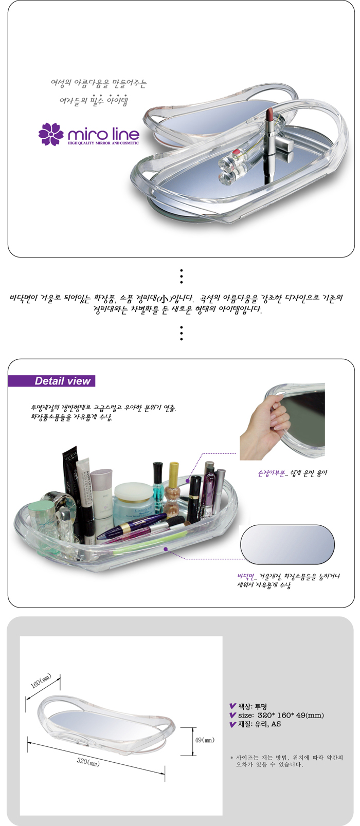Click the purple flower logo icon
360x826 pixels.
(x=51, y=134)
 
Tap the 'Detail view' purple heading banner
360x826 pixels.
(x=51, y=381)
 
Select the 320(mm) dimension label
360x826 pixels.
(x=88, y=762)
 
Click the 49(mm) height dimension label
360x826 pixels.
(x=204, y=740)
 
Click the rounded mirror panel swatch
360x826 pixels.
(x=287, y=544)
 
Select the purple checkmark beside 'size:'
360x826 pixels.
(x=232, y=715)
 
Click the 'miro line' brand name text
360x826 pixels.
(x=104, y=134)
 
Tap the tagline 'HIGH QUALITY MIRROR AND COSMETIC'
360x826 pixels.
(x=104, y=143)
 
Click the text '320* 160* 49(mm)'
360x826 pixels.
(x=291, y=715)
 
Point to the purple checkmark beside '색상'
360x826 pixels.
(x=232, y=706)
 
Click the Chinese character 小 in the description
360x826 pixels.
(x=164, y=298)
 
